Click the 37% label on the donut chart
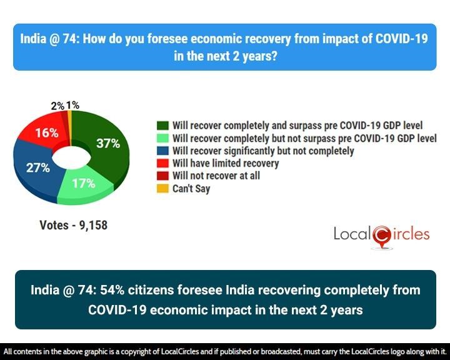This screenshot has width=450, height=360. click(107, 143)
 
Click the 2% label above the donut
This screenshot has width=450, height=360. click(57, 106)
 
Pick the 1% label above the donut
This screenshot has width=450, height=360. click(72, 106)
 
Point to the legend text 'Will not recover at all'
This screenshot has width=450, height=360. click(216, 176)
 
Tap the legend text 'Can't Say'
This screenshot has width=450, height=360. click(191, 188)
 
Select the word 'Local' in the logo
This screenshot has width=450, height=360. click(352, 235)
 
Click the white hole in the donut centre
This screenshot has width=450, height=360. click(69, 157)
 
